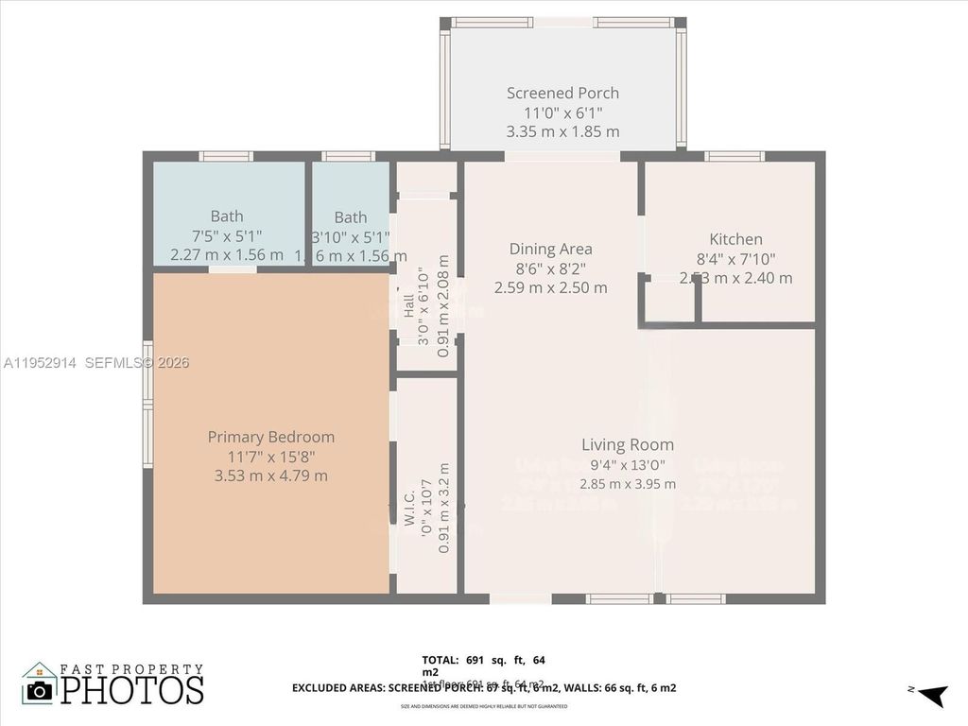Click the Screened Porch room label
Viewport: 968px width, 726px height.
tap(562, 93)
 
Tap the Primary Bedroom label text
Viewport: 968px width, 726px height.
tap(271, 437)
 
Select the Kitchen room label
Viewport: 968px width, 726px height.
tap(735, 239)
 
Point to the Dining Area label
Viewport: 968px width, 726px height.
tap(550, 249)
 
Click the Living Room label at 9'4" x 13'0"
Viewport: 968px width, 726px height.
tap(628, 444)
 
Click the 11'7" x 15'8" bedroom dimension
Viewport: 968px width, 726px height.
tap(271, 457)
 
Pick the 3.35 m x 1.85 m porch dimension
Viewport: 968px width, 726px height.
tap(562, 131)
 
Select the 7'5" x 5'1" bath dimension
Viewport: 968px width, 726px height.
tap(227, 236)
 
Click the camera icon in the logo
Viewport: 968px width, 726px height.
tap(39, 689)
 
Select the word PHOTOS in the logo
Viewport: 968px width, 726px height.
tap(132, 690)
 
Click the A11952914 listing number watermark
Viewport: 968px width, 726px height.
tap(39, 362)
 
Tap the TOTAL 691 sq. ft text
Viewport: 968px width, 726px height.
tap(483, 660)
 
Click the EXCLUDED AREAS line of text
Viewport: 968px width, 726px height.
tap(483, 688)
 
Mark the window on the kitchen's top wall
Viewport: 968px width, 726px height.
tap(735, 156)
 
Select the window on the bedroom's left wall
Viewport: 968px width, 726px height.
tap(147, 405)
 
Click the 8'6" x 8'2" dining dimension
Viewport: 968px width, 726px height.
tap(550, 268)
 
